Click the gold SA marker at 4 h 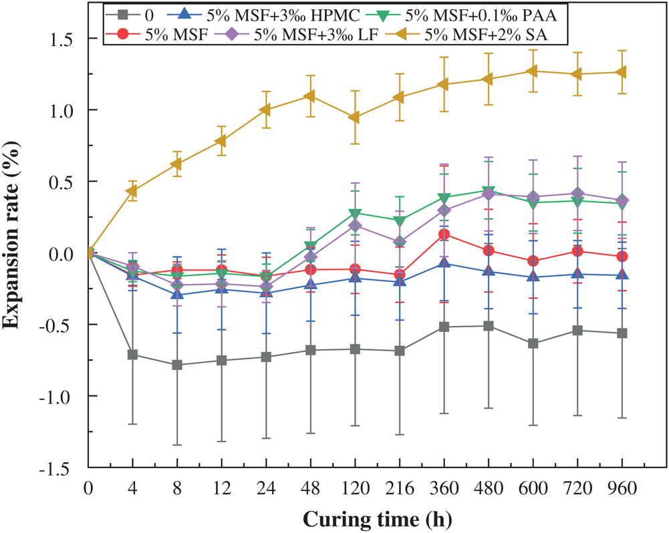132,192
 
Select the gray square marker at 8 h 176,365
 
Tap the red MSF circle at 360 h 444,234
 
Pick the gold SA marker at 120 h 354,118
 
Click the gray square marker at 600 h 533,343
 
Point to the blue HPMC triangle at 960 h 622,275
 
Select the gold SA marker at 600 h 533,71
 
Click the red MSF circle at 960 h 622,256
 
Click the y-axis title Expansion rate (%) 15,252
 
